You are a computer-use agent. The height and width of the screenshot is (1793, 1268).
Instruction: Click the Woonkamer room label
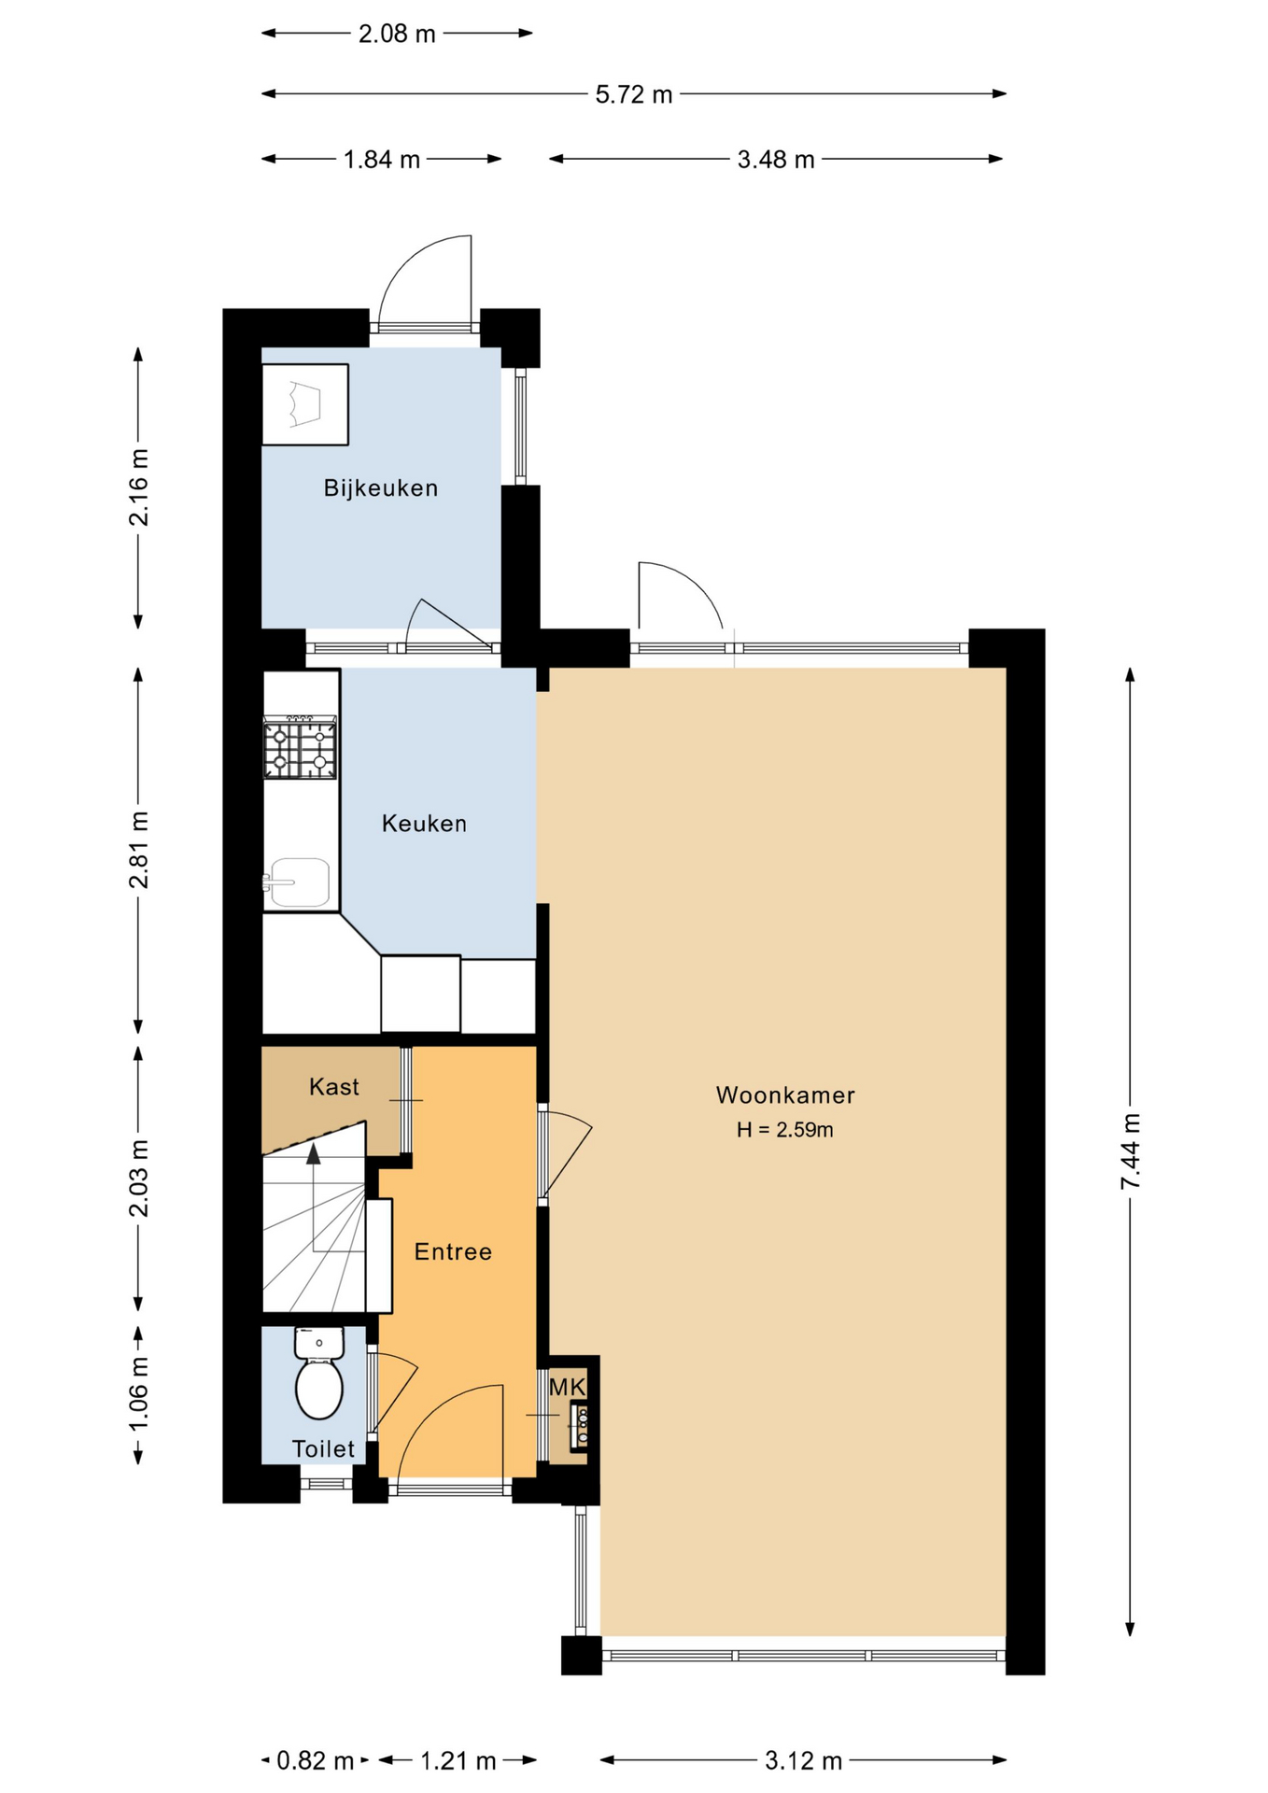point(785,1094)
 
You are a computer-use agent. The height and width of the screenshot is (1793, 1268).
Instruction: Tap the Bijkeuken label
point(381,487)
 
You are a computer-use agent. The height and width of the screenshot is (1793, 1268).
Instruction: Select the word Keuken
point(424,823)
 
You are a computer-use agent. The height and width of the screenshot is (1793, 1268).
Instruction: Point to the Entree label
point(453,1251)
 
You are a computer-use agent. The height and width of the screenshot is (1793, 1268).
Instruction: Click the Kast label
point(334,1086)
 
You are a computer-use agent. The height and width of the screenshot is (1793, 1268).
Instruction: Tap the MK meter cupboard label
point(567,1387)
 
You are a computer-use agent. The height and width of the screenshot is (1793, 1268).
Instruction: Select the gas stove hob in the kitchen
point(300,747)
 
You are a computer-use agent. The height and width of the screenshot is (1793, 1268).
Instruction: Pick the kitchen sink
point(297,883)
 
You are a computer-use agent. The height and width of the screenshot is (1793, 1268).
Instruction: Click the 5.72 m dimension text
point(634,94)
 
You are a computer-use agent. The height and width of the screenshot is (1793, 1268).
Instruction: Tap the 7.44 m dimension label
point(1131,1151)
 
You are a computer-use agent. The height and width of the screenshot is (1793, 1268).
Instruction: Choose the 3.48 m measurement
point(776,160)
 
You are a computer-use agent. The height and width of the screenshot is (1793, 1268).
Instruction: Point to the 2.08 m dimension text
point(397,34)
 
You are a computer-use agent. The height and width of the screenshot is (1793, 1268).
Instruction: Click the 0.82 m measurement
point(316,1761)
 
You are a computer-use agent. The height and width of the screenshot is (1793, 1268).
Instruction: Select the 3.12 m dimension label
point(804,1761)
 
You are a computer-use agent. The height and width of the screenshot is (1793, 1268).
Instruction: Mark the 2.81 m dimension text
point(139,850)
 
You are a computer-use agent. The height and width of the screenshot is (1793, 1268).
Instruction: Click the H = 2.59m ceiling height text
point(785,1130)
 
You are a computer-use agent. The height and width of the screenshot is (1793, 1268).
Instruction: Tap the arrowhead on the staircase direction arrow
point(314,1153)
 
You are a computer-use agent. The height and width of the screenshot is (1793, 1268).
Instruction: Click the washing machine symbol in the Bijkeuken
point(305,404)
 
